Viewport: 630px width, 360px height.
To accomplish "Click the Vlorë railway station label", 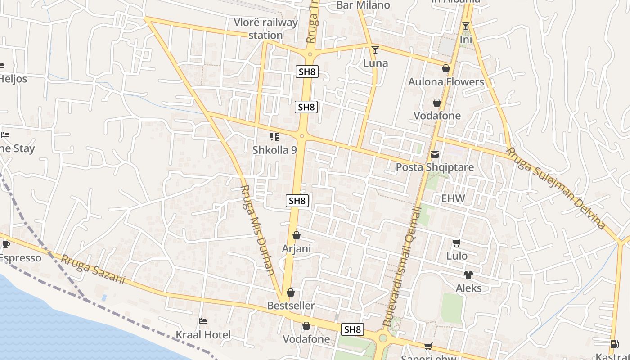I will [x=265, y=29].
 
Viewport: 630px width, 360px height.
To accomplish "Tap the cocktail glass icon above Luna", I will [x=375, y=49].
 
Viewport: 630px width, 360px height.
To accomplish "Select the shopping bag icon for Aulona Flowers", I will [x=446, y=68].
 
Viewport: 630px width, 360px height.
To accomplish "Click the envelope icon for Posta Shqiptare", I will [x=435, y=154].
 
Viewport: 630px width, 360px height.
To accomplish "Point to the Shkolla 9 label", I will [x=274, y=150].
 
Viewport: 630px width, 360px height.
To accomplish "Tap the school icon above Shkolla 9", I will [x=274, y=136].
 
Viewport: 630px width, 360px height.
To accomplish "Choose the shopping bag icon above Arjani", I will [x=297, y=235].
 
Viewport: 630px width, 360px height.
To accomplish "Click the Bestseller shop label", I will [x=291, y=306].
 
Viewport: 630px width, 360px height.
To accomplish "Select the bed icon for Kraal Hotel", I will [x=203, y=321].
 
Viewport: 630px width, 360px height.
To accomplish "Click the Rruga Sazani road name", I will [x=93, y=270].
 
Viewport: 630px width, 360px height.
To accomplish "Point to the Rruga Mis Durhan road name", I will [x=258, y=229].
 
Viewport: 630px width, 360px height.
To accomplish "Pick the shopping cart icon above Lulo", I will [x=456, y=243].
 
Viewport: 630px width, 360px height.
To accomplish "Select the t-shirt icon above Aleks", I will [x=468, y=275].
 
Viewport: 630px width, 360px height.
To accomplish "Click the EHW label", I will [x=453, y=198].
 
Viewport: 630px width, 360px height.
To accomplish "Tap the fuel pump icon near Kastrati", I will [x=614, y=344].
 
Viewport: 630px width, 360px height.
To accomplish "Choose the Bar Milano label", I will [x=363, y=5].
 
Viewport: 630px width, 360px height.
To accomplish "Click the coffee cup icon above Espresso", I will [x=6, y=245].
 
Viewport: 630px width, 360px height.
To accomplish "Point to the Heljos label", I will [x=13, y=79].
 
